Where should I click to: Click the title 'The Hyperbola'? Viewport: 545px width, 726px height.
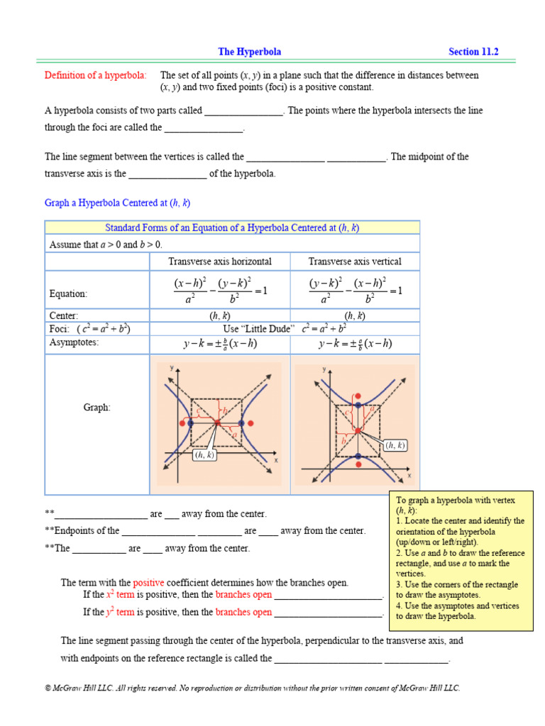coord(249,52)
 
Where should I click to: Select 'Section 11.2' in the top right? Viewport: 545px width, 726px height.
coord(473,52)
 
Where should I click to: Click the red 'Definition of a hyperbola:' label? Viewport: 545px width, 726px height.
coord(96,75)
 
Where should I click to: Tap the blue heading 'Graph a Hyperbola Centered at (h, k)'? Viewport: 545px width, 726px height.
coord(117,203)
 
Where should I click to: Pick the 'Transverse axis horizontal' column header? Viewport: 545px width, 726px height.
coord(219,262)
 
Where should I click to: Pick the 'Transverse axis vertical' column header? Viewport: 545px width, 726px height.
coord(355,262)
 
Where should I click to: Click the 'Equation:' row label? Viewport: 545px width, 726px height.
coord(68,294)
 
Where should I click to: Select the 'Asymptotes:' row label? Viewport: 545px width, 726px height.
coord(74,342)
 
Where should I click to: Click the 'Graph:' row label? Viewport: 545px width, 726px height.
coord(97,408)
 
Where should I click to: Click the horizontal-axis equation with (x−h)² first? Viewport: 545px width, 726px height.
coord(220,291)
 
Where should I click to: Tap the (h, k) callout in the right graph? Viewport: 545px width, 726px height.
coord(394,445)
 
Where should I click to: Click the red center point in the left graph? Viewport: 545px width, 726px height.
coord(217,423)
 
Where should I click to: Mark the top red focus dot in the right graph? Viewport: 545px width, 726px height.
coord(358,394)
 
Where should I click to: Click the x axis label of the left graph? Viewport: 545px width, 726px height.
coord(275,459)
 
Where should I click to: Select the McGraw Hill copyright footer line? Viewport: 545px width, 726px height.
coord(252,688)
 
